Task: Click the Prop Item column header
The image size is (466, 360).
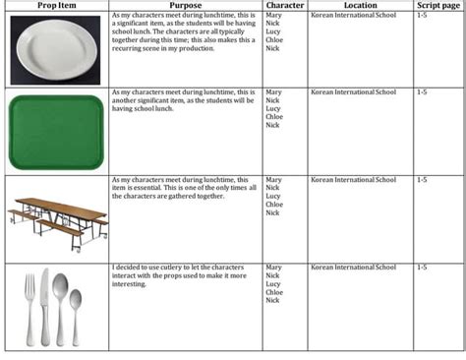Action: point(55,6)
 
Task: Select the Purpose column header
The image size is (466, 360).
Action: point(184,6)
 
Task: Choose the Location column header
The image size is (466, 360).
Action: point(360,6)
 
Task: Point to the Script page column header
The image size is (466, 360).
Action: point(438,6)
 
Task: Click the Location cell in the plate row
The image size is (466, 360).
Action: point(353,17)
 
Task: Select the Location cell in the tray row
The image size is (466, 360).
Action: point(353,92)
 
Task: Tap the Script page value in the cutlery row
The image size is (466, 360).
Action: point(423,267)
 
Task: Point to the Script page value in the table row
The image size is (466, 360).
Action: point(423,180)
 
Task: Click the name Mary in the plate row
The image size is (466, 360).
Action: point(273,17)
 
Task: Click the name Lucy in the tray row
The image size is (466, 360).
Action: point(273,108)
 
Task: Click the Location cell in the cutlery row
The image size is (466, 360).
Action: point(353,267)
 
